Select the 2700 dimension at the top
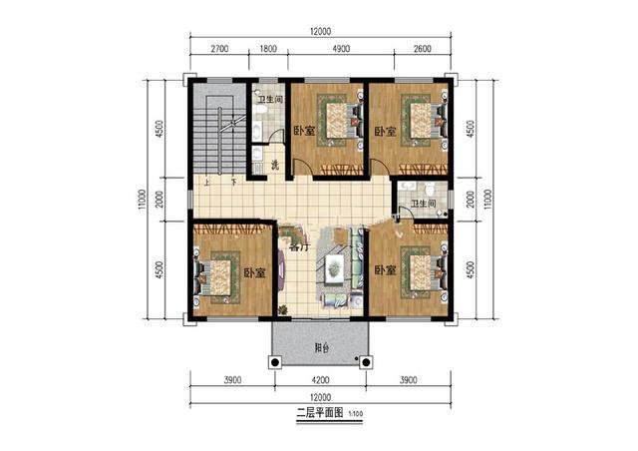220,48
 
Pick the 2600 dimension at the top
421,48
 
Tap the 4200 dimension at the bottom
319,380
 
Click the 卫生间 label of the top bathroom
269,100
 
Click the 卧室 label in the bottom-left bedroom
253,272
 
